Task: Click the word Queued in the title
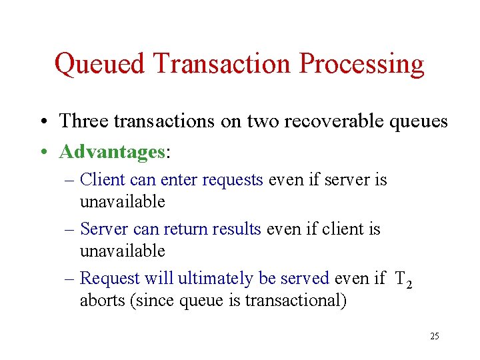100,65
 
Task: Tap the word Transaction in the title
223,65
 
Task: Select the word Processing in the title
362,65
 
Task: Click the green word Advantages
112,152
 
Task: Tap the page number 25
435,336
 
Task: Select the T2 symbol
403,279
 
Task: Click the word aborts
105,301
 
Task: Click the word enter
178,180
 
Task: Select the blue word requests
232,180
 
